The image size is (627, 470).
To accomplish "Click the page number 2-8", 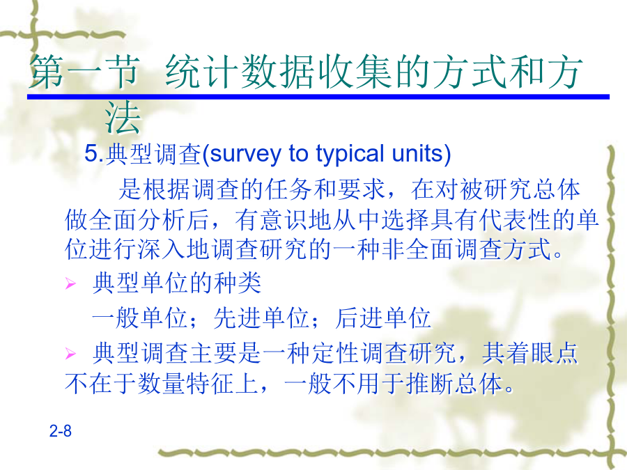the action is coord(61,431).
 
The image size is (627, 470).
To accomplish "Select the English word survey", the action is coord(245,155).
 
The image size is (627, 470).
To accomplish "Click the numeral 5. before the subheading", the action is coord(94,153).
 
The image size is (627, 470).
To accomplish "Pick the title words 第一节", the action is coord(84,72).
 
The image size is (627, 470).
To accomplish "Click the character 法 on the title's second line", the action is coord(123,118).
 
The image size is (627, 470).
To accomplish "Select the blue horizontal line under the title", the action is coord(318,97).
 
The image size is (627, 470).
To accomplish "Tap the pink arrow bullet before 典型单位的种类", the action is coord(70,284).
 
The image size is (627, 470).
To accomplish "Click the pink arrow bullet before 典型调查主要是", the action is coord(70,354).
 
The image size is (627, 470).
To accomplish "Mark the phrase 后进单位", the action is coord(382,318).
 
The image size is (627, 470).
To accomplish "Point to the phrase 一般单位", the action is coord(139,318).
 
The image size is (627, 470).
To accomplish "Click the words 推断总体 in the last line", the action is coord(454,384).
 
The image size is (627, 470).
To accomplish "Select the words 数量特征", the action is coord(185,384).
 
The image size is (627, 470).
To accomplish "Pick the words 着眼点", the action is coord(541,353).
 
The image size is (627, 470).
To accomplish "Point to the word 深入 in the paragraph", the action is coord(162,249).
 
